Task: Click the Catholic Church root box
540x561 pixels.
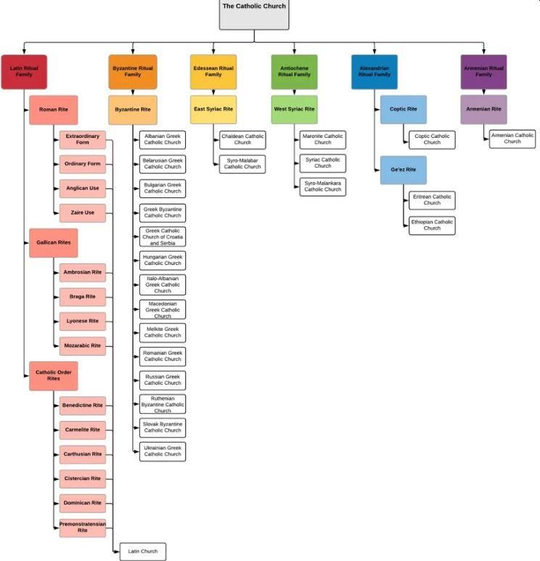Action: point(254,13)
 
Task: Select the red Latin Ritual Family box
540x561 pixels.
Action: point(24,72)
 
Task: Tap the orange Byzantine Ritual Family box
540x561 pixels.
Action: point(132,72)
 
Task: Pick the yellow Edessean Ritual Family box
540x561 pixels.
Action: point(213,72)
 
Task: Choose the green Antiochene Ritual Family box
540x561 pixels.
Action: point(294,72)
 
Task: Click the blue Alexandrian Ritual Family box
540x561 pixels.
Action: point(375,72)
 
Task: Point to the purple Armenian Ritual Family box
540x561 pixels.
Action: point(483,72)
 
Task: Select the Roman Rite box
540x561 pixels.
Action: point(53,110)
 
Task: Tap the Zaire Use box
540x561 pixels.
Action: point(82,213)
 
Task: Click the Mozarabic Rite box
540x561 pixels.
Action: point(82,345)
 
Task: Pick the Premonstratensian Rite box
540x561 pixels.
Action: point(82,527)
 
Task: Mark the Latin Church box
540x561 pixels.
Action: point(142,551)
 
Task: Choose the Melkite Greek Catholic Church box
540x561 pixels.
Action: point(163,332)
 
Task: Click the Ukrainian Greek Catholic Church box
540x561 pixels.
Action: point(163,451)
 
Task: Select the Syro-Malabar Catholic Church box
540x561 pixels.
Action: point(242,164)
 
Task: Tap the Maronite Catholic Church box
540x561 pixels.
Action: point(323,139)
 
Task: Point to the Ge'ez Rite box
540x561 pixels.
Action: point(404,170)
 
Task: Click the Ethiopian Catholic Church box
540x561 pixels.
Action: point(432,225)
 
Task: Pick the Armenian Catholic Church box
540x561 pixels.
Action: point(512,139)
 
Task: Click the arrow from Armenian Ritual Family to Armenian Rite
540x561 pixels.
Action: point(483,92)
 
